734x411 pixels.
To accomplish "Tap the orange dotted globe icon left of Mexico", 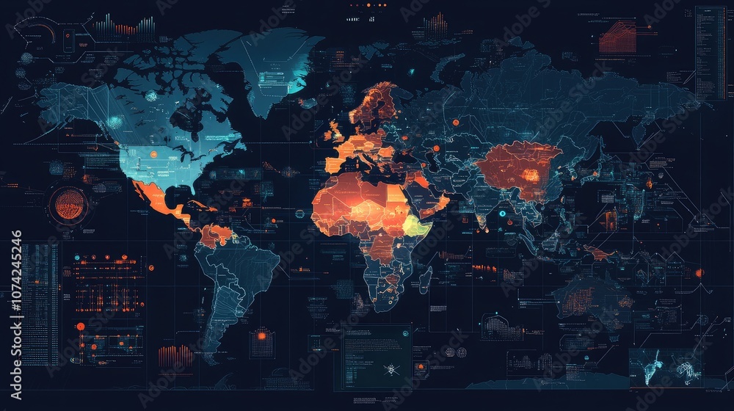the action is (68, 205).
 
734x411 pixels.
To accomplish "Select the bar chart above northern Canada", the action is (125, 28).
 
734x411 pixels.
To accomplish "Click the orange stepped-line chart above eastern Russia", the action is (617, 37).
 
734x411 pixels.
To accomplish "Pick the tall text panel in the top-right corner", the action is (710, 53).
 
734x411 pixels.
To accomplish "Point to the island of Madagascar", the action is (425, 279).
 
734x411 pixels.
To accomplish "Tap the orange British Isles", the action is (335, 132).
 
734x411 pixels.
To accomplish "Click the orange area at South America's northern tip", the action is (217, 235).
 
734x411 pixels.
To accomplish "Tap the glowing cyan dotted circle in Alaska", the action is (115, 122).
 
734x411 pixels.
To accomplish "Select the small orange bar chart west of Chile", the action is (175, 356).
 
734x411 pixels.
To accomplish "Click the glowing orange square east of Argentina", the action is (261, 336).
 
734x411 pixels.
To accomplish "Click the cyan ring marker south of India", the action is (502, 214).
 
